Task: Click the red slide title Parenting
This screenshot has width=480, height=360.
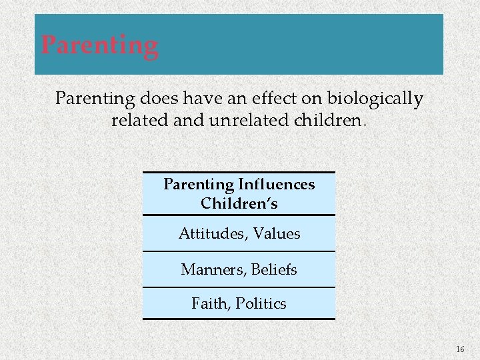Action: click(x=100, y=45)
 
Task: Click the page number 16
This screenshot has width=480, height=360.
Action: click(x=460, y=349)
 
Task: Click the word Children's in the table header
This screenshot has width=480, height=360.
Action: click(x=239, y=203)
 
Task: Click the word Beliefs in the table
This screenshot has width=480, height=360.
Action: click(x=275, y=270)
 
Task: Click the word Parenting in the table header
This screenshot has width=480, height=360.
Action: click(x=199, y=184)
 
